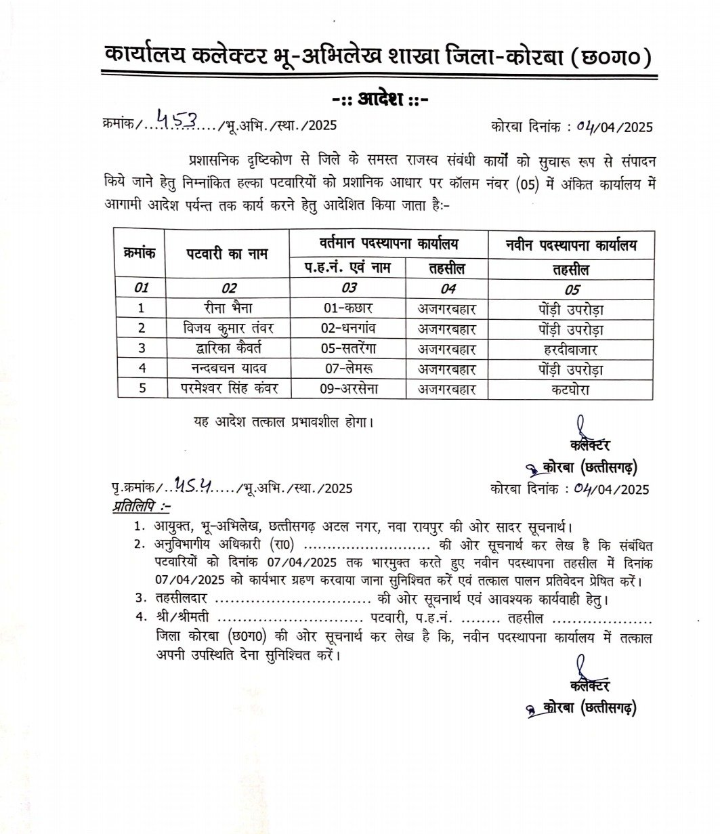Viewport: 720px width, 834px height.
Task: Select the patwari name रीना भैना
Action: click(227, 309)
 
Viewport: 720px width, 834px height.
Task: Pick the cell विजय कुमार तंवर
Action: click(227, 329)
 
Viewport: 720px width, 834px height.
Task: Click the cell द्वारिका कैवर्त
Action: click(227, 350)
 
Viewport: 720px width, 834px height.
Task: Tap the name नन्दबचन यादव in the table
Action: click(227, 369)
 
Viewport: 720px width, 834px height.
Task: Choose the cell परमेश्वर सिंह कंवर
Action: click(227, 390)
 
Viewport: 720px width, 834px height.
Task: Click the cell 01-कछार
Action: click(348, 309)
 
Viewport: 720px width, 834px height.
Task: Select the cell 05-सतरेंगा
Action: click(348, 350)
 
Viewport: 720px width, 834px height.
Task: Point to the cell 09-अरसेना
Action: click(348, 390)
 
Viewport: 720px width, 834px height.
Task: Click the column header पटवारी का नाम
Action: click(227, 255)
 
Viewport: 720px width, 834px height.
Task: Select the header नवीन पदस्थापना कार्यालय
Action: click(571, 245)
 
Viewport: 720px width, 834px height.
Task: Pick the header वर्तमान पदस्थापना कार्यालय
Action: click(389, 243)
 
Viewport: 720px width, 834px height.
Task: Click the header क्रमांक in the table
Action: click(140, 253)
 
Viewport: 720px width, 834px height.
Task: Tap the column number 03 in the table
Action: click(348, 287)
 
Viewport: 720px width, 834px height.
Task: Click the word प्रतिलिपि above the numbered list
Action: click(141, 505)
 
